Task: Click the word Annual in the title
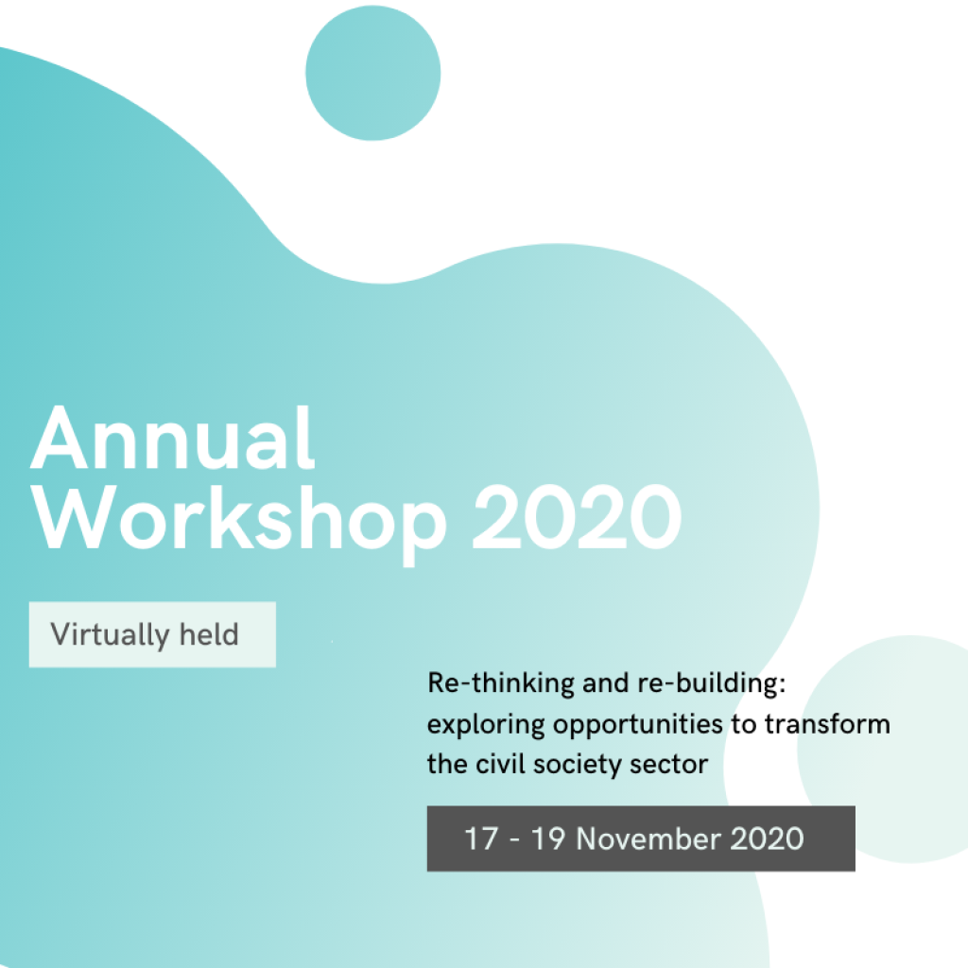tap(173, 438)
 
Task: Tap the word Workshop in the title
tap(239, 522)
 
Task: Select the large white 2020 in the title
tap(578, 517)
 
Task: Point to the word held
tap(209, 634)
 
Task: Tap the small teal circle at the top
tap(372, 73)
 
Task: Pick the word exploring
tap(486, 725)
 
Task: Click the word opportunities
tap(638, 725)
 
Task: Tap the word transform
tap(827, 723)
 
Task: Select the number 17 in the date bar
tap(481, 838)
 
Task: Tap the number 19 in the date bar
tap(548, 838)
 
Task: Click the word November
tap(648, 838)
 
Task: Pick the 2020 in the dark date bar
tap(768, 838)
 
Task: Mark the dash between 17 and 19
tap(514, 840)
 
